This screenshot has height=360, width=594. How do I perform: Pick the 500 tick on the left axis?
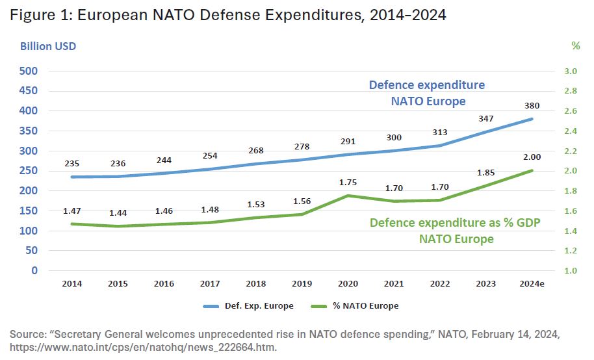[29, 71]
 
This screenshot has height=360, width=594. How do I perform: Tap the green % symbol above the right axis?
[575, 46]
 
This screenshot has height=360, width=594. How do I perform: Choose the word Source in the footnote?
[27, 333]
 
